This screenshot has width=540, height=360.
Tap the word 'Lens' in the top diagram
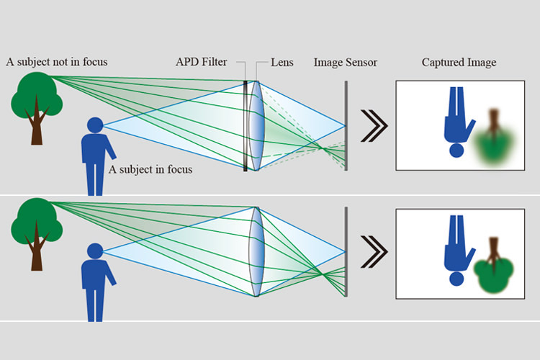coord(282,63)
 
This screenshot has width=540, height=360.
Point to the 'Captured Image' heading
coord(459,63)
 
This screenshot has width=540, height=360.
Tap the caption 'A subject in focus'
coord(150,170)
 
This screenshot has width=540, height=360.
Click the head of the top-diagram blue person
coord(94,125)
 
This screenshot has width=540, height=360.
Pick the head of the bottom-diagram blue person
coord(94,251)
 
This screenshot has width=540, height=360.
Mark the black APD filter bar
coord(246,125)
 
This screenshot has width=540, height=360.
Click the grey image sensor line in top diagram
coord(346,125)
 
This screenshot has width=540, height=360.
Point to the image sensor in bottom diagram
coord(346,251)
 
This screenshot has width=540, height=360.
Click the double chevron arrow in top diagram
coord(372,125)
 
